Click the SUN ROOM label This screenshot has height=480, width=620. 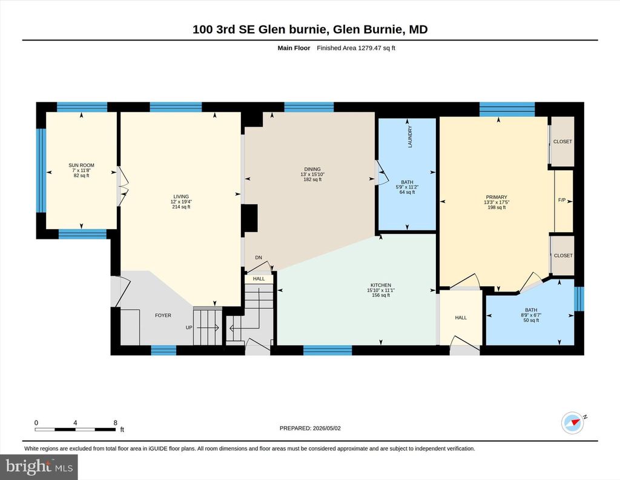pos(82,165)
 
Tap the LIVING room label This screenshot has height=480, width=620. pos(181,197)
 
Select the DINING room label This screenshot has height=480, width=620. pos(312,169)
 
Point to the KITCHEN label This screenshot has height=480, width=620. pos(381,285)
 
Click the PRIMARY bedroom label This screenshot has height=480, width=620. pos(496,198)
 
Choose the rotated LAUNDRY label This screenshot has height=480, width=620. pos(410,137)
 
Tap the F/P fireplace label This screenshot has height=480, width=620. pos(562,200)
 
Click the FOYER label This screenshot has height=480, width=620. pos(163,315)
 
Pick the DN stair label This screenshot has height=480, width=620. pos(259,258)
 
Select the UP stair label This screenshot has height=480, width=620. pos(189,328)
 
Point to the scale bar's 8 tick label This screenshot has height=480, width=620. pos(116,422)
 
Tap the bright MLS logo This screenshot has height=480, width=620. pos(39,467)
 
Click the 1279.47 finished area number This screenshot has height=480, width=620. pos(370,48)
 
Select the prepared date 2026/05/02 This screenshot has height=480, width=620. pos(326,428)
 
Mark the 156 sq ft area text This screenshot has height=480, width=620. pos(381,295)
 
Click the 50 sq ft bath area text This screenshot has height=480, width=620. pos(531,320)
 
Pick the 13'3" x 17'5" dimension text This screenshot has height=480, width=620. pos(496,202)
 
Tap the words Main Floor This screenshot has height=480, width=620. pos(294,48)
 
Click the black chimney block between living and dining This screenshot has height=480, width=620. pos(250,218)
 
